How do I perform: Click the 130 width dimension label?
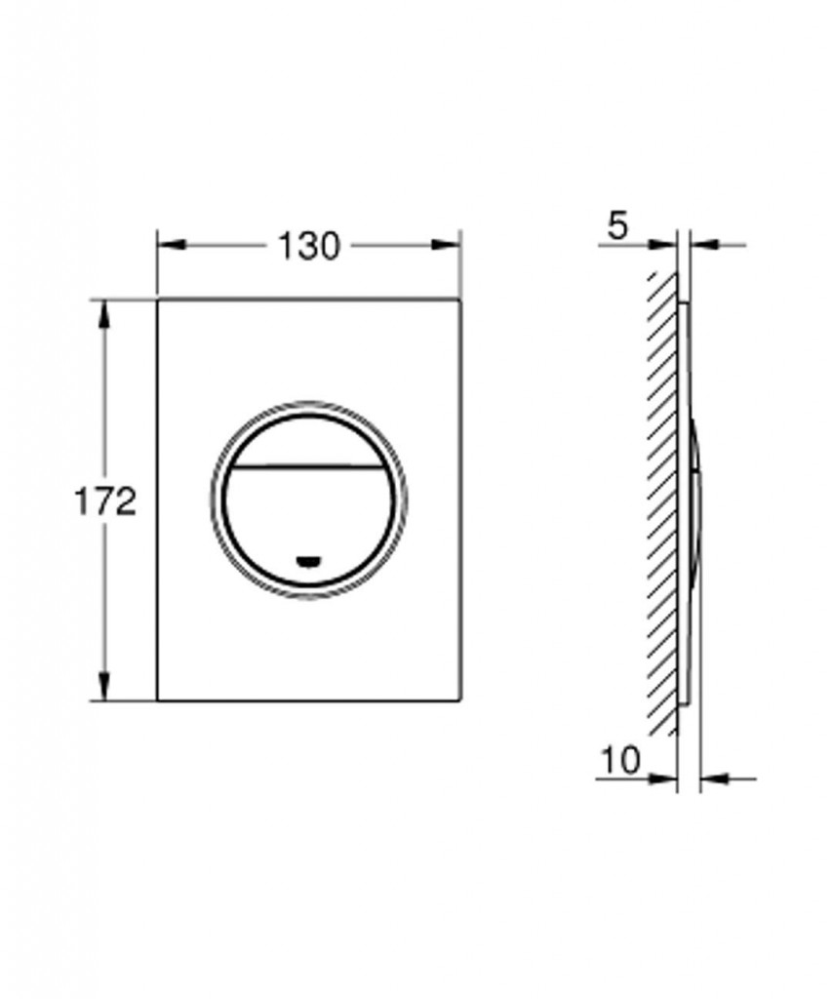tap(309, 246)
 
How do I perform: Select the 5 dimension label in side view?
tap(617, 226)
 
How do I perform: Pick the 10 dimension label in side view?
tap(620, 759)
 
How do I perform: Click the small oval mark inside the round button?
tap(309, 561)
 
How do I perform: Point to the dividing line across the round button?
tap(309, 467)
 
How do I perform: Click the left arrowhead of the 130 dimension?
tap(171, 245)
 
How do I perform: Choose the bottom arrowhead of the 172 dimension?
tap(103, 686)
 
